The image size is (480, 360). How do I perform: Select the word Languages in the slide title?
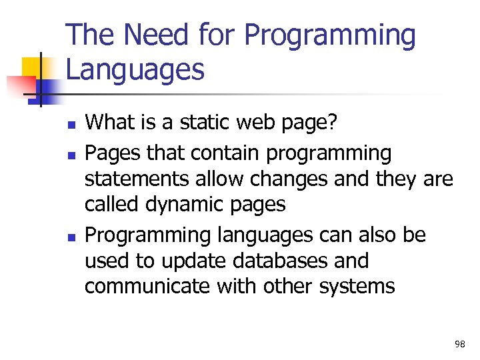[135, 69]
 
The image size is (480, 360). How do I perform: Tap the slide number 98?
[459, 343]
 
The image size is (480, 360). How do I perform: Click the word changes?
[297, 179]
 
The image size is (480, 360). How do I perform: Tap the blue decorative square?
[51, 87]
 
